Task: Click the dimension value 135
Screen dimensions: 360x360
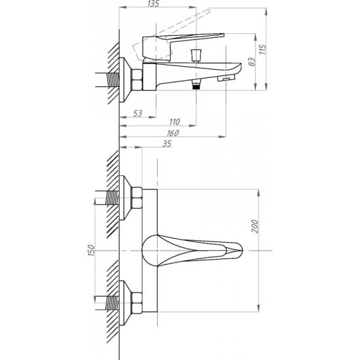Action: (153, 3)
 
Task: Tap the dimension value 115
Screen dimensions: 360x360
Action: (262, 49)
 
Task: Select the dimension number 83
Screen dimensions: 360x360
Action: (252, 62)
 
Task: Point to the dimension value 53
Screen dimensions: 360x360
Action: (137, 113)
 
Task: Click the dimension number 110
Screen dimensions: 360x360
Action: (175, 122)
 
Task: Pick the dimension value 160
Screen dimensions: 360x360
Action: (173, 133)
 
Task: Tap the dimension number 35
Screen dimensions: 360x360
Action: (167, 144)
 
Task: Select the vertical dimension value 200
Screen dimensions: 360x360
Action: (255, 226)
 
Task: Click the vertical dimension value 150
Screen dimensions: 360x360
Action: (91, 251)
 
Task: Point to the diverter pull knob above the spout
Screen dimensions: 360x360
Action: (196, 56)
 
